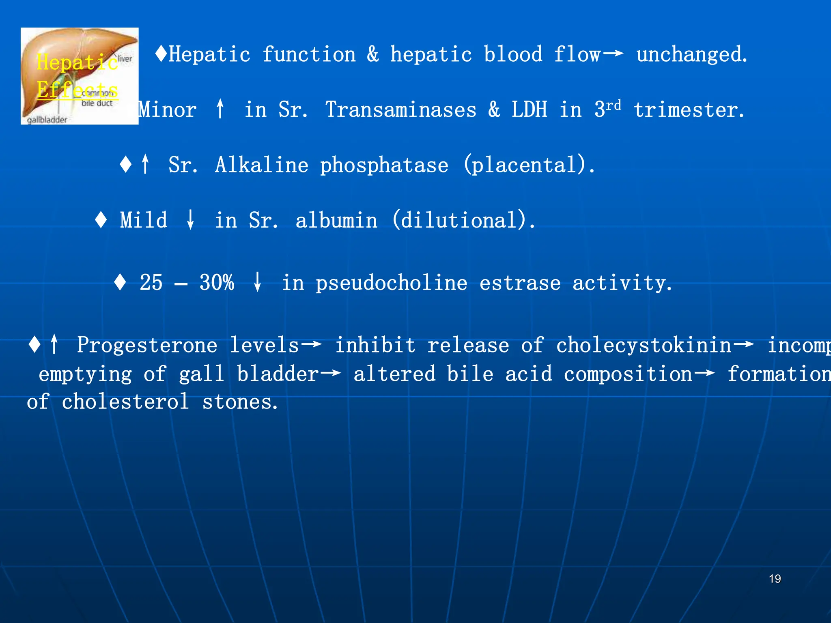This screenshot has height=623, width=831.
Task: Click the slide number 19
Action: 775,579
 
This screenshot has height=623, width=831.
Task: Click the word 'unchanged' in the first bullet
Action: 691,55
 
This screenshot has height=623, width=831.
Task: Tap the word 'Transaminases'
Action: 401,110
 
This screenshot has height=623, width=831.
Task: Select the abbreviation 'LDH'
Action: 529,110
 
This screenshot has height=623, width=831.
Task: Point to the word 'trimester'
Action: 689,110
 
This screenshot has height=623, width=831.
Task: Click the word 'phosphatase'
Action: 384,165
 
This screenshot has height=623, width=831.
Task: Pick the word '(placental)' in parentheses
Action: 529,165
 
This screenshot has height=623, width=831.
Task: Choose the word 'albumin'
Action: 336,221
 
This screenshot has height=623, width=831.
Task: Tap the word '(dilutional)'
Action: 463,220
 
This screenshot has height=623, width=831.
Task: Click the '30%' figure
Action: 217,282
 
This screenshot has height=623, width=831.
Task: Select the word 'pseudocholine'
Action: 392,283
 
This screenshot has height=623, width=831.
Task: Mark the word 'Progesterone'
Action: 147,345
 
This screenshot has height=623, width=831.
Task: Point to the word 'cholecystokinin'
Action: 644,345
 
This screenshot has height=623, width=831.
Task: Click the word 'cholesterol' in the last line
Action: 125,402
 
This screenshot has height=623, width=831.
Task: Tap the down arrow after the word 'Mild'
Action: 190,220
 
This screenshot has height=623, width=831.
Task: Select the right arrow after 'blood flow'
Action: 613,54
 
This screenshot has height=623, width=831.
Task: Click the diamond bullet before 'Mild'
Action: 101,220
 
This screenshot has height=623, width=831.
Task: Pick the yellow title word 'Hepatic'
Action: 77,62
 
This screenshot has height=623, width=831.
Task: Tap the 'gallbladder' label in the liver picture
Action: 47,120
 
